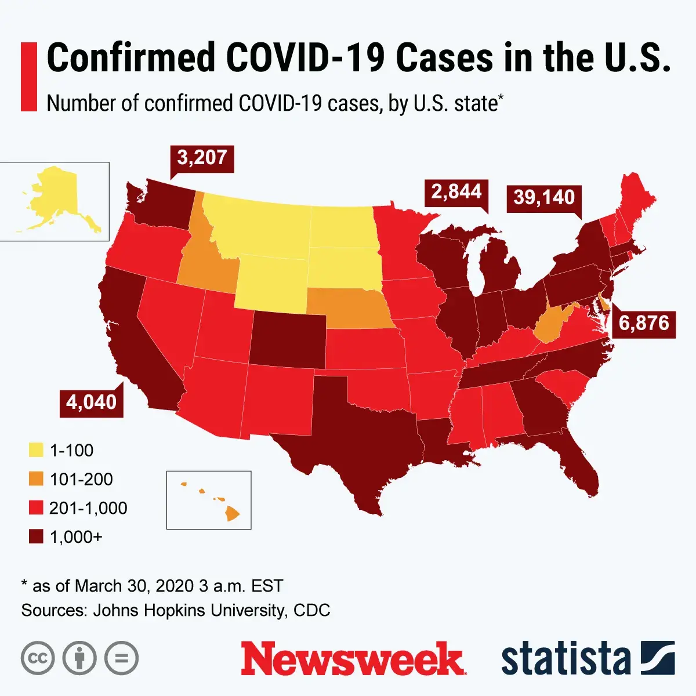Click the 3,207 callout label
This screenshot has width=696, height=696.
(x=202, y=157)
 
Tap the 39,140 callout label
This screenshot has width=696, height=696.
(x=543, y=197)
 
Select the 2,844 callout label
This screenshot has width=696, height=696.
(x=456, y=191)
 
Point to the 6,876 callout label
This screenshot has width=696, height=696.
(x=644, y=322)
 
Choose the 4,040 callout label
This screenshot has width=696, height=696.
(x=92, y=401)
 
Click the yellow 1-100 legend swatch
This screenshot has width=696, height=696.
(x=36, y=450)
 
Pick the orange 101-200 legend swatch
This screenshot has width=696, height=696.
(x=36, y=479)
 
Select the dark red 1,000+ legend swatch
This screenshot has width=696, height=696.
(x=36, y=537)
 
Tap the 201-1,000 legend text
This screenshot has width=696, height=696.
(x=88, y=508)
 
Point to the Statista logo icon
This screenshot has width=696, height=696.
(x=658, y=658)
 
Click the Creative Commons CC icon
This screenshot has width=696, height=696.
(x=38, y=658)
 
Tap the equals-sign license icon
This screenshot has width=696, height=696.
(x=121, y=658)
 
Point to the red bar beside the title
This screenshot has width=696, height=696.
(x=28, y=76)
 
